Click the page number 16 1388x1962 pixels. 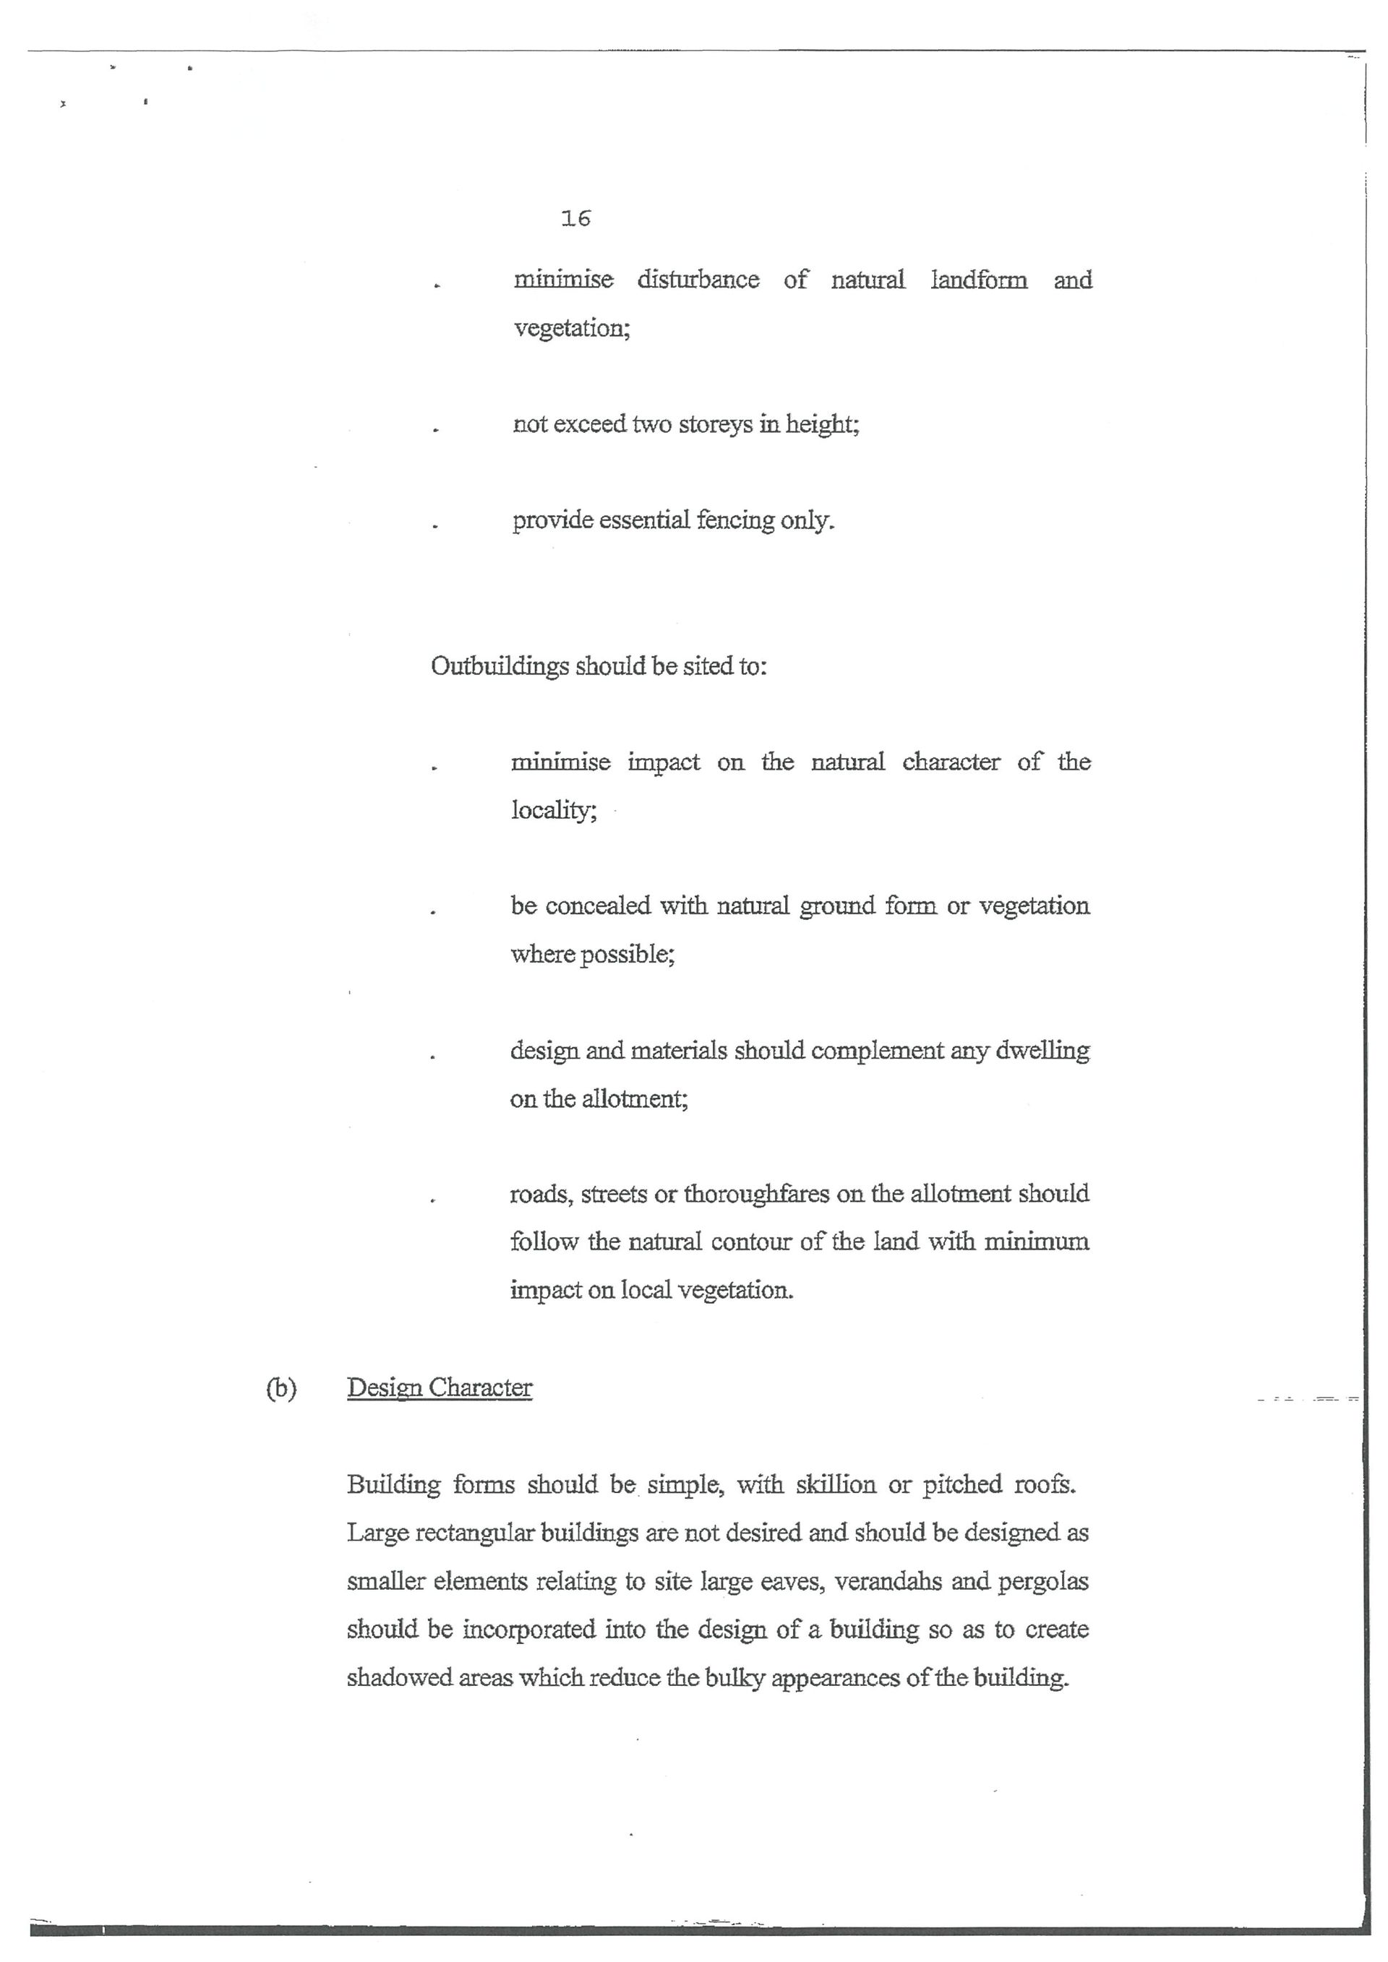[x=576, y=219]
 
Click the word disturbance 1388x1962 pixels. [x=698, y=280]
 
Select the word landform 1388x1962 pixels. [x=979, y=280]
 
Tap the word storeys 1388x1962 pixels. [x=714, y=425]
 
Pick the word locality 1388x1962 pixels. [x=553, y=810]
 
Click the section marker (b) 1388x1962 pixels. [x=280, y=1389]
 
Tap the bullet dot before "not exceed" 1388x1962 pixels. [x=436, y=431]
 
